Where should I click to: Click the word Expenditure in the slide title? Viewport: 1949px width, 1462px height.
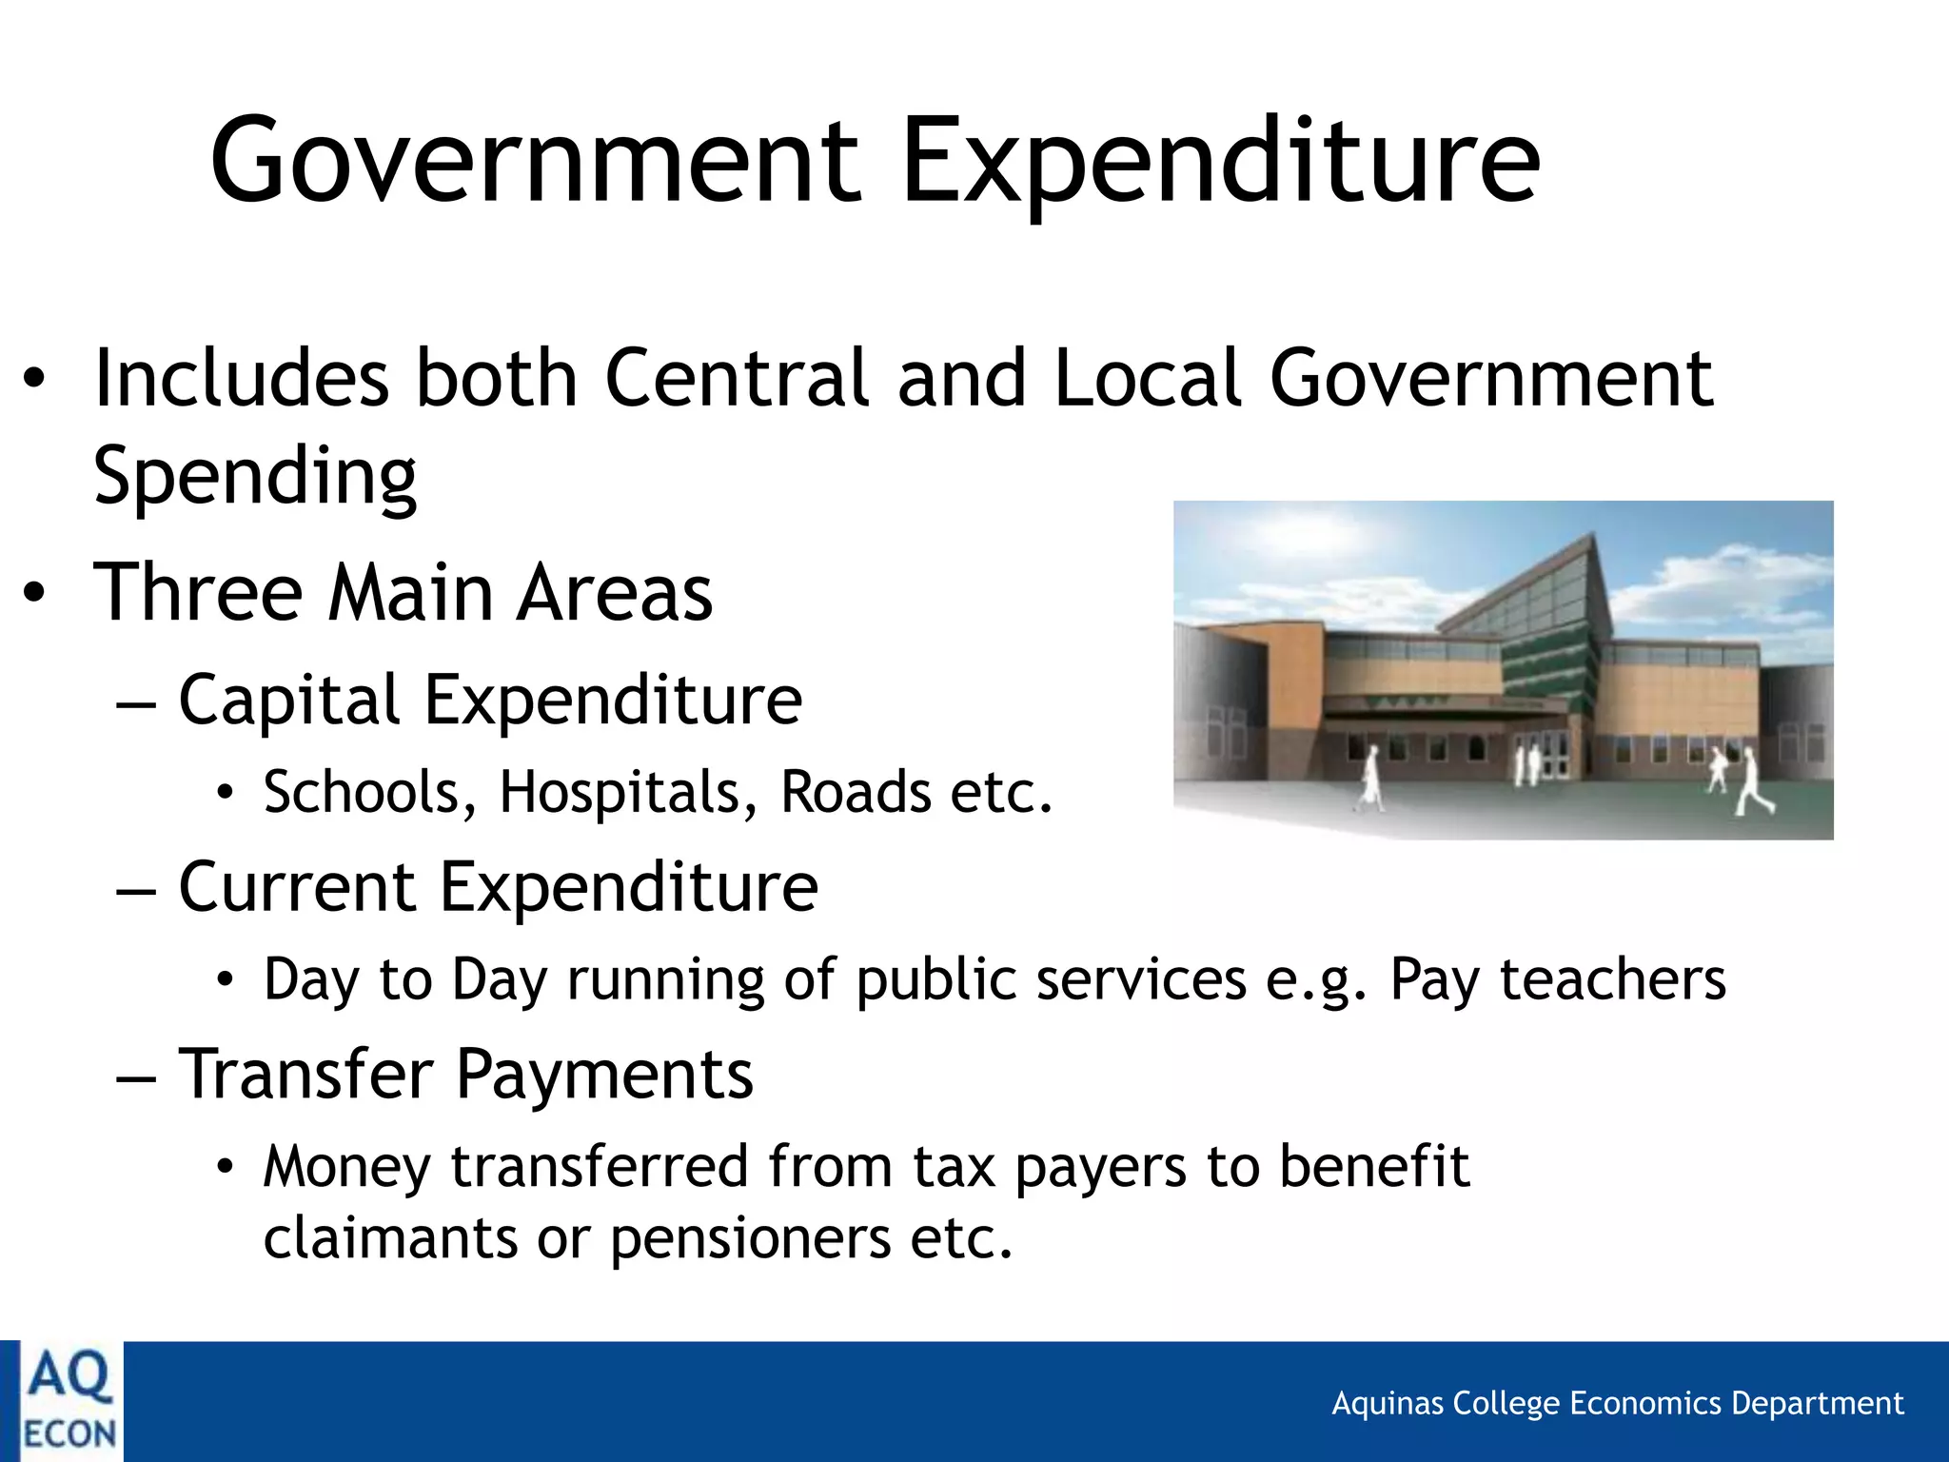click(x=1220, y=162)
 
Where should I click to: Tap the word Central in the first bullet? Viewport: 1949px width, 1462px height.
click(x=737, y=378)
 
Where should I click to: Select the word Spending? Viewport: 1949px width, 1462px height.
click(x=255, y=476)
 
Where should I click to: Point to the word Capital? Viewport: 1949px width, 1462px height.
click(x=289, y=701)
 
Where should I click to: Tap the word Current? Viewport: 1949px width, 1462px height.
click(x=297, y=887)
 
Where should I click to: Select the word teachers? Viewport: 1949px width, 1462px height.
click(x=1612, y=979)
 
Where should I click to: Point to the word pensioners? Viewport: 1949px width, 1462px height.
click(x=750, y=1239)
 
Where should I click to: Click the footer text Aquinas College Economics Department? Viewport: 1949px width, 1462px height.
click(x=1617, y=1403)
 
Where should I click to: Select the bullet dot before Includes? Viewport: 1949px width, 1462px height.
click(x=34, y=380)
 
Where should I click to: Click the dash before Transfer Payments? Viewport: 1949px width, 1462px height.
click(x=135, y=1076)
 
